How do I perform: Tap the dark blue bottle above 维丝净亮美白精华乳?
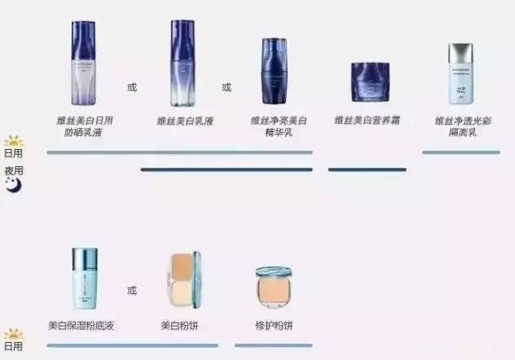[275, 73]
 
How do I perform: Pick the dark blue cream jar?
[371, 81]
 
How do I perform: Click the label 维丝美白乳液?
[185, 121]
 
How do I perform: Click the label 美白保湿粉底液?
[81, 326]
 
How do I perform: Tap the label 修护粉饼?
[274, 326]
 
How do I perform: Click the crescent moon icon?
[13, 186]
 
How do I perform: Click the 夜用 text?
[14, 171]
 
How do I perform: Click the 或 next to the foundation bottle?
[132, 290]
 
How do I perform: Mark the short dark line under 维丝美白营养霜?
[367, 169]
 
